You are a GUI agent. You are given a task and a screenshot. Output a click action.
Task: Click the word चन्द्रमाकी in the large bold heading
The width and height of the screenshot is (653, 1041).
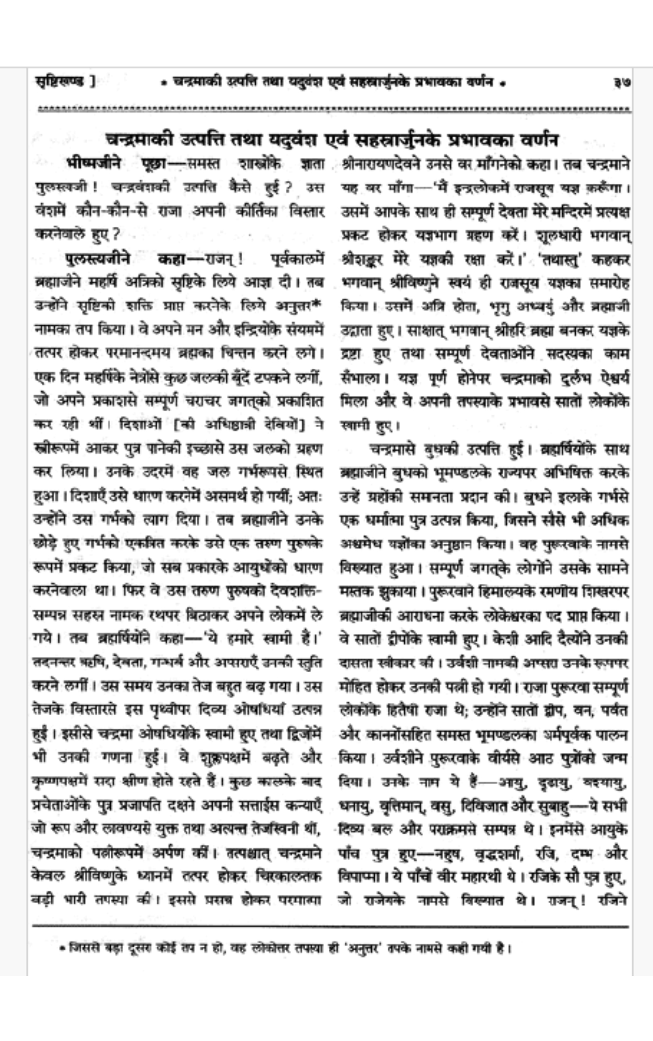(139, 139)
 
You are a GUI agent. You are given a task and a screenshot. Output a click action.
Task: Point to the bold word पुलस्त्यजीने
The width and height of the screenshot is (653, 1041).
(98, 258)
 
